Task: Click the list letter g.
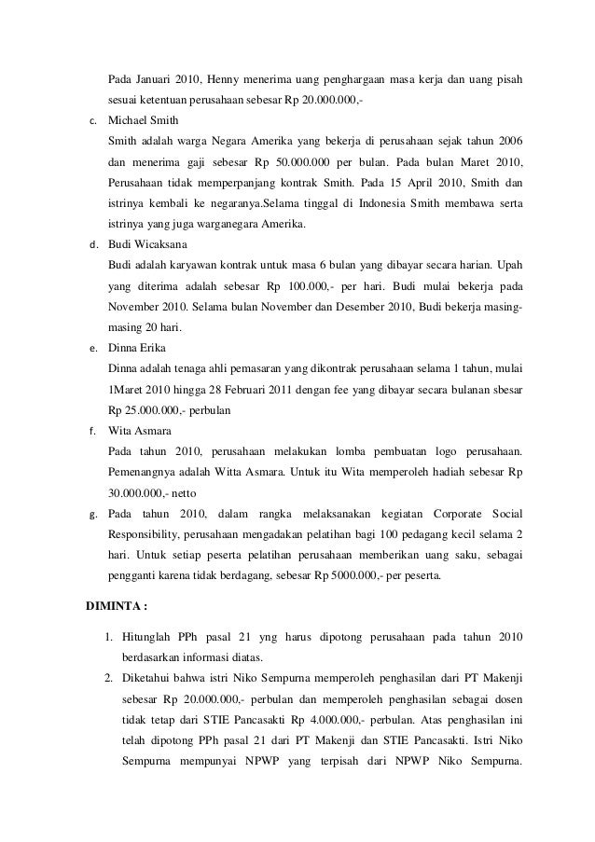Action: tap(91, 514)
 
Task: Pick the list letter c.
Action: tap(90, 121)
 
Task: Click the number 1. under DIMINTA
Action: tap(108, 637)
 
